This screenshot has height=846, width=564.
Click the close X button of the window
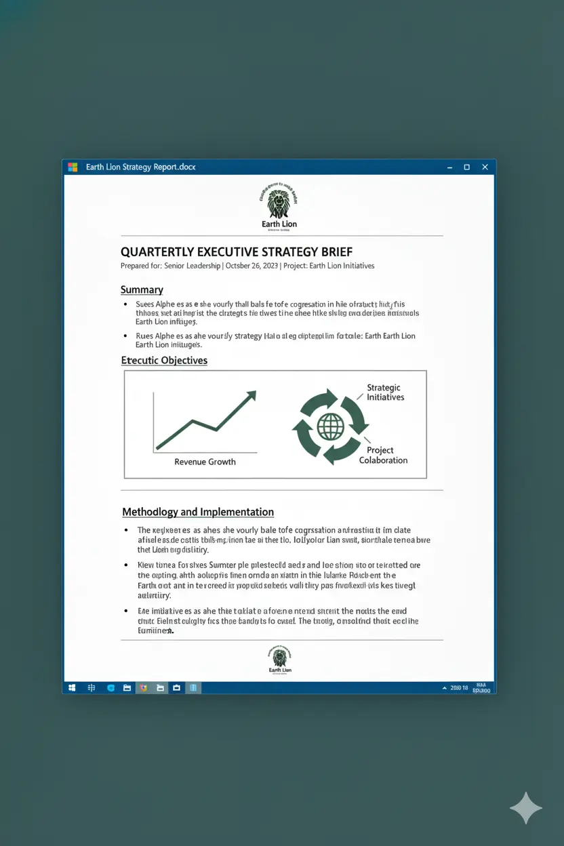[x=485, y=167]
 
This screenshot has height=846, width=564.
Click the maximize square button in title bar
[x=466, y=167]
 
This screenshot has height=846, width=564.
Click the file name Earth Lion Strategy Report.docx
[x=140, y=167]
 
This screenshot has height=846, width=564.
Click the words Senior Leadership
[x=193, y=266]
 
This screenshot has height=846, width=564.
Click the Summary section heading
[x=142, y=289]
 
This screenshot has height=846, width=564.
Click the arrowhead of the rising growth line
[x=252, y=394]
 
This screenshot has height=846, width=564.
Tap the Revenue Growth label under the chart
[x=205, y=462]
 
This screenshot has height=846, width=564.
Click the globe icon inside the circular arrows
[x=331, y=426]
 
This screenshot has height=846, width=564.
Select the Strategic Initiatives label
[x=385, y=392]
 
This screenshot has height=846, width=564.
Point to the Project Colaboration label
[x=383, y=455]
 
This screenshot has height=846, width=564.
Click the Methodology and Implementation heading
[x=198, y=512]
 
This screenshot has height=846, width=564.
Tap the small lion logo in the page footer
[x=279, y=657]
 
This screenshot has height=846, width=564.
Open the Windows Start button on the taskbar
[x=72, y=687]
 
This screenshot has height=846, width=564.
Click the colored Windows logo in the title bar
[x=73, y=167]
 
